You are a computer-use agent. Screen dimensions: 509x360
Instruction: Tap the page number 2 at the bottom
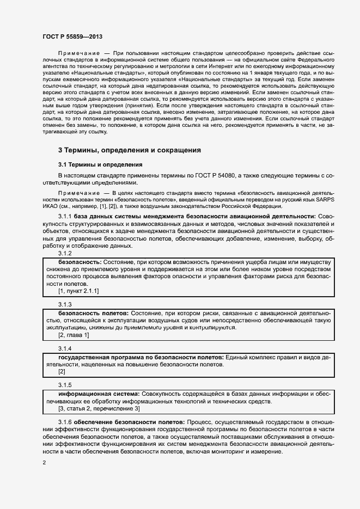coord(44,463)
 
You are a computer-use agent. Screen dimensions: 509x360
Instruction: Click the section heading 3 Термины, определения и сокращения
coord(130,150)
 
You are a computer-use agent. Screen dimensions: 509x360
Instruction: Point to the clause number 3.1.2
coord(65,254)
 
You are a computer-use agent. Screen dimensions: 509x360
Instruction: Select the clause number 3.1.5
coord(65,384)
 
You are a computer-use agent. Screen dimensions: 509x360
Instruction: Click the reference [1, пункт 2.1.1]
coord(79,291)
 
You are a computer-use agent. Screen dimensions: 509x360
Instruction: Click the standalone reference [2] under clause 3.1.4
coord(62,371)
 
